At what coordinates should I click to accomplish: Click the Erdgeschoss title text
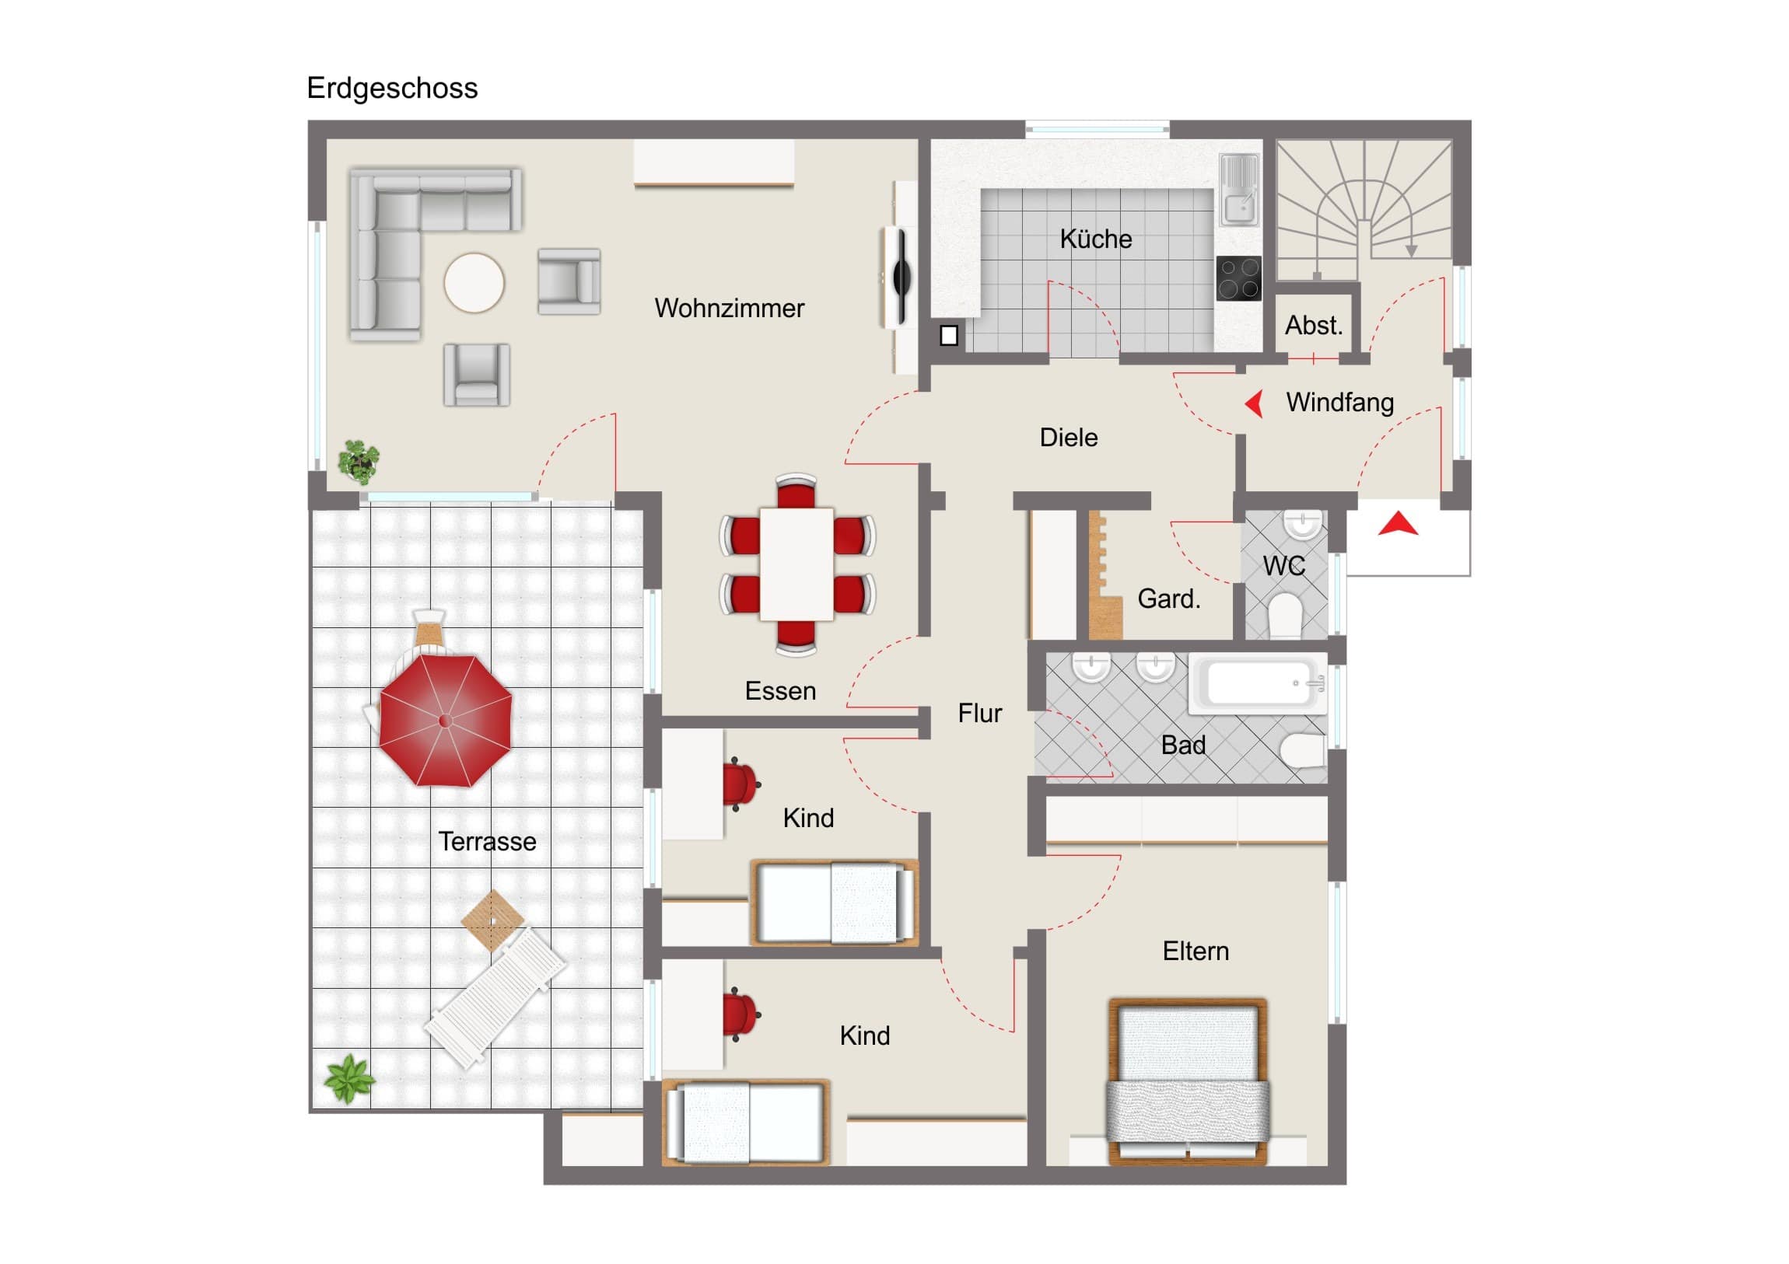pyautogui.click(x=392, y=89)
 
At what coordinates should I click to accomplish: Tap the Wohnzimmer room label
pyautogui.click(x=730, y=309)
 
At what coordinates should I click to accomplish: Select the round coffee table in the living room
pyautogui.click(x=474, y=283)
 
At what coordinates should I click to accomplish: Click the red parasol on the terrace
pyautogui.click(x=446, y=720)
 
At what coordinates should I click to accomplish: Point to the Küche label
pyautogui.click(x=1095, y=239)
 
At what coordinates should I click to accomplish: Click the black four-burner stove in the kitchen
pyautogui.click(x=1238, y=279)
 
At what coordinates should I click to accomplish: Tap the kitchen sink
pyautogui.click(x=1239, y=189)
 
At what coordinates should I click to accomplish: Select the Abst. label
pyautogui.click(x=1314, y=326)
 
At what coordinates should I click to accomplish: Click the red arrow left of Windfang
pyautogui.click(x=1254, y=403)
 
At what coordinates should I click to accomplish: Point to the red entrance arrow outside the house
pyautogui.click(x=1398, y=523)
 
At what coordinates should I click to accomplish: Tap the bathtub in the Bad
pyautogui.click(x=1257, y=684)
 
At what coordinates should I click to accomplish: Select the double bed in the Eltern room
pyautogui.click(x=1187, y=1082)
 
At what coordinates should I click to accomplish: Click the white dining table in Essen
pyautogui.click(x=796, y=564)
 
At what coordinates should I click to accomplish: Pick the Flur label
pyautogui.click(x=979, y=714)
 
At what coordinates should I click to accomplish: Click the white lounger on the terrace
pyautogui.click(x=495, y=997)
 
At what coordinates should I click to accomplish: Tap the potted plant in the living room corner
pyautogui.click(x=359, y=461)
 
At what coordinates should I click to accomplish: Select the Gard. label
pyautogui.click(x=1169, y=599)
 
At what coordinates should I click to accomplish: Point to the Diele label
pyautogui.click(x=1068, y=438)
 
